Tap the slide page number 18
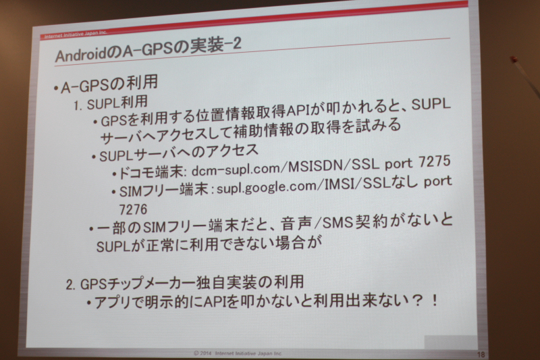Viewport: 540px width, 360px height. pyautogui.click(x=481, y=354)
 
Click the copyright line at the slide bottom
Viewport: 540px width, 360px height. pyautogui.click(x=238, y=353)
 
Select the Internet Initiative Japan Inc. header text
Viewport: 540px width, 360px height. pyautogui.click(x=76, y=35)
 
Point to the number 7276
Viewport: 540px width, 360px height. pyautogui.click(x=133, y=209)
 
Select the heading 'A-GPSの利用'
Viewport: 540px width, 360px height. pyautogui.click(x=109, y=84)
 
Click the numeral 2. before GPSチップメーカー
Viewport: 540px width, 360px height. pyautogui.click(x=71, y=285)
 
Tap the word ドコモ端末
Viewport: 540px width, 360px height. pyautogui.click(x=151, y=172)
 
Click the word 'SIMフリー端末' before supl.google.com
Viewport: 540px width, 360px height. pyautogui.click(x=163, y=190)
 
